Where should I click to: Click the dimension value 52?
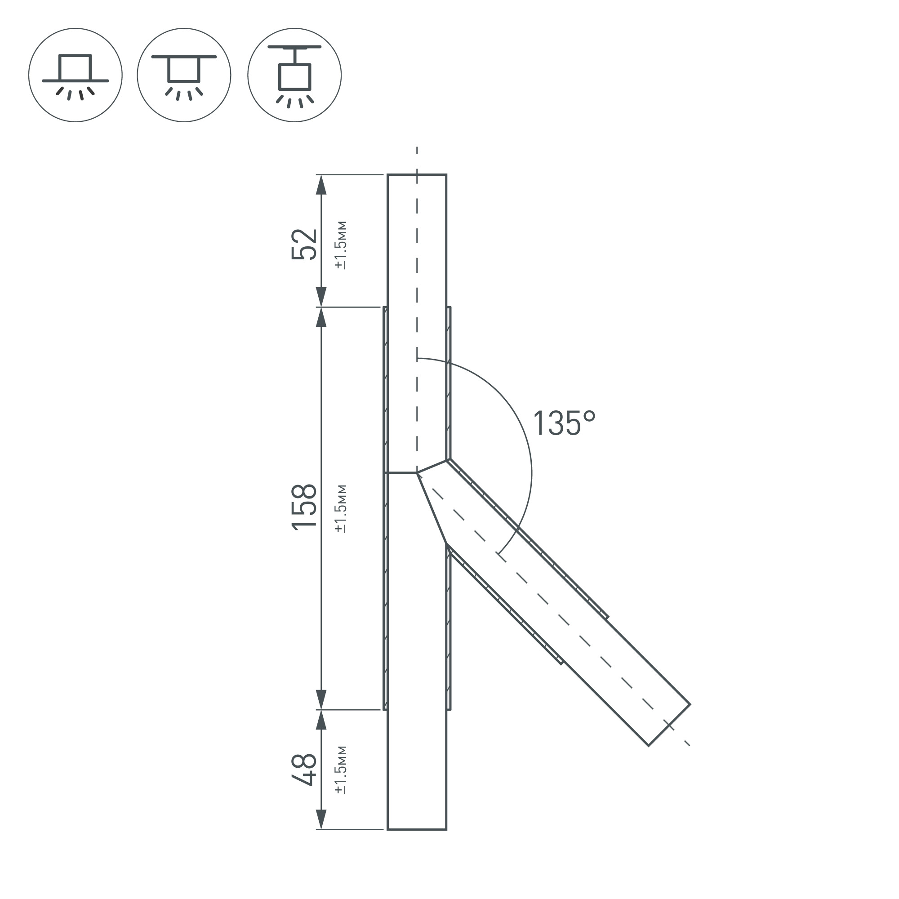click(304, 244)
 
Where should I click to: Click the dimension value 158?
click(304, 506)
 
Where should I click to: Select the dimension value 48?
click(304, 770)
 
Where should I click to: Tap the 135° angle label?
click(564, 423)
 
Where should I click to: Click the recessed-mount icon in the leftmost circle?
click(76, 75)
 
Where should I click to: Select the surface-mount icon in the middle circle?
click(184, 75)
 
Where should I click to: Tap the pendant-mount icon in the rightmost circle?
click(294, 75)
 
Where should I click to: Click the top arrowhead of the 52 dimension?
click(321, 185)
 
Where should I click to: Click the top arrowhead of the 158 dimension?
click(321, 317)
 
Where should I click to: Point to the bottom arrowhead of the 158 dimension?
click(321, 699)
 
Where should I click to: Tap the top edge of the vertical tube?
click(417, 175)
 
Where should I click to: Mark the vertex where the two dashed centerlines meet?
click(417, 473)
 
